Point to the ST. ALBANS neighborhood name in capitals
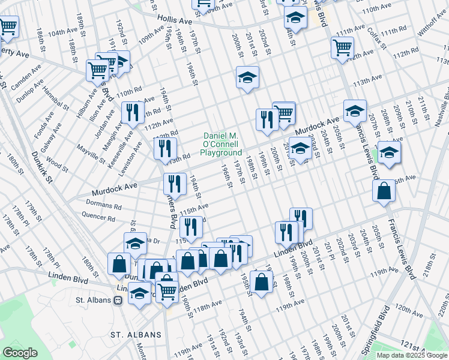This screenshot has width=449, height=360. tap(136, 334)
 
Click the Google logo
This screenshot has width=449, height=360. tap(20, 353)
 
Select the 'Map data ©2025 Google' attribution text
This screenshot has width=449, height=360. tap(411, 355)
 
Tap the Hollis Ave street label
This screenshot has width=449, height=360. tap(175, 21)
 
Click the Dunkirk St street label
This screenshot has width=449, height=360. tap(41, 167)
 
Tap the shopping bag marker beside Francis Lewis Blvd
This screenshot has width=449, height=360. tap(384, 191)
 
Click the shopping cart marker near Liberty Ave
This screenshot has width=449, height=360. tap(8, 27)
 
